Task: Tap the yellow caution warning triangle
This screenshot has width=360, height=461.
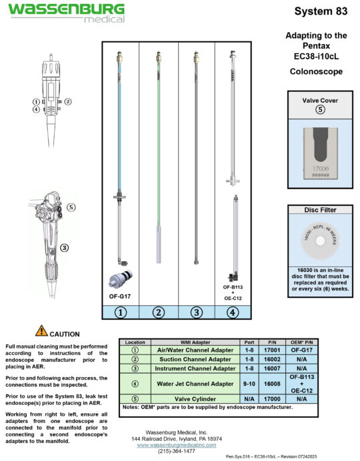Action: [x=41, y=330]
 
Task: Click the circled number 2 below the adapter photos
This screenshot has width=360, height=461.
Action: [x=159, y=311]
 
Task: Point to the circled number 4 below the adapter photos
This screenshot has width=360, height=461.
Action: [x=232, y=311]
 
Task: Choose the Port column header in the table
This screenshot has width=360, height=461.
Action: [x=248, y=341]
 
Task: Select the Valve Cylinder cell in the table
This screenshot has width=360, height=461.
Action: [x=195, y=398]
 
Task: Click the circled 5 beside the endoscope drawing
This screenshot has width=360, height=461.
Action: [x=71, y=207]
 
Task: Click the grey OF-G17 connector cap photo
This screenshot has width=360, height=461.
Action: [x=120, y=280]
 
